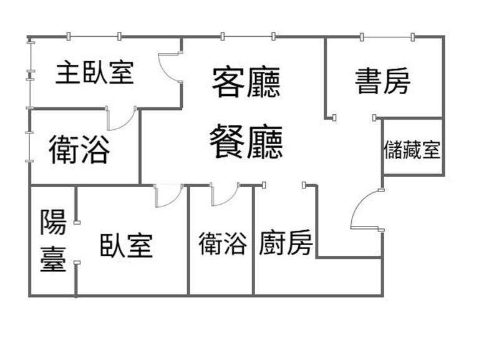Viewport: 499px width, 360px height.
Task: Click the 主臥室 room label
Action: coord(95,72)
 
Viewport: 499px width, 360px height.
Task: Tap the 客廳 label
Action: coord(246,82)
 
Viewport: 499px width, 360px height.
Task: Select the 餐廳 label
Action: coord(246,142)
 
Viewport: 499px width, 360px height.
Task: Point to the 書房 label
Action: coord(382,82)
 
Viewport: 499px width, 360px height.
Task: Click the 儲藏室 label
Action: coord(412,150)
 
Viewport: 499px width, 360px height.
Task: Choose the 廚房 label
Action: coord(286,243)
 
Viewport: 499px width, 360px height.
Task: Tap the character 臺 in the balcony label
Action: coord(53,259)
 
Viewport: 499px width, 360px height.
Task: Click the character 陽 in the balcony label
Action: coord(53,222)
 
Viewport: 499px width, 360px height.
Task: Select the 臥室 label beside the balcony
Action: coord(127,245)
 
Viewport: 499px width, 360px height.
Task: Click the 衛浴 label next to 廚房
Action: coord(223,243)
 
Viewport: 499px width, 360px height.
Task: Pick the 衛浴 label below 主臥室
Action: coord(80,149)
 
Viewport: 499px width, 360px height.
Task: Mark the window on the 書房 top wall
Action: coord(387,37)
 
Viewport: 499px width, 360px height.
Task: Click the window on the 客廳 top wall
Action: coord(248,37)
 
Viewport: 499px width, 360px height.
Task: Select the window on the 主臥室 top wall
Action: coord(94,37)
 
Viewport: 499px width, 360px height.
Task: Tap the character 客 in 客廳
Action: coord(228,82)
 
